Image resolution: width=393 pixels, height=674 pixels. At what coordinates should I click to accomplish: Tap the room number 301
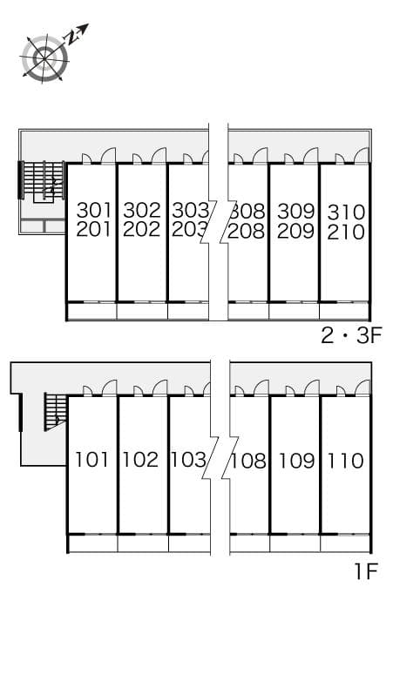point(94,211)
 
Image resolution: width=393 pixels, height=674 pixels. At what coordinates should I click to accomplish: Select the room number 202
point(142,231)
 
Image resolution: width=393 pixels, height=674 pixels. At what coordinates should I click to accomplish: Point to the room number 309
point(295,212)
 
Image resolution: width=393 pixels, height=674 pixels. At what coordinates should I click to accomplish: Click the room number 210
point(346,233)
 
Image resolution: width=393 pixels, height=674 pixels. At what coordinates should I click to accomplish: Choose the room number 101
point(92,459)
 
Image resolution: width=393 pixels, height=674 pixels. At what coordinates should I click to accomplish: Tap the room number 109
point(296,460)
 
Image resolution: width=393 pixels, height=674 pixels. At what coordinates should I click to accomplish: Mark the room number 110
point(345,460)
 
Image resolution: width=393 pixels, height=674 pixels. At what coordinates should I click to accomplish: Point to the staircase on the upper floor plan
point(44,182)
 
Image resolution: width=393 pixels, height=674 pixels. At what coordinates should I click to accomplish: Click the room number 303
point(190,211)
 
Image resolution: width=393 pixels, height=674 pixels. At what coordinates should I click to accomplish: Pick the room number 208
point(247,232)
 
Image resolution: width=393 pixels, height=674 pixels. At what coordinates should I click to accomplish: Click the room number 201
point(94,231)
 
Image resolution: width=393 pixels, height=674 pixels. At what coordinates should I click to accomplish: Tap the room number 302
point(142,211)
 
